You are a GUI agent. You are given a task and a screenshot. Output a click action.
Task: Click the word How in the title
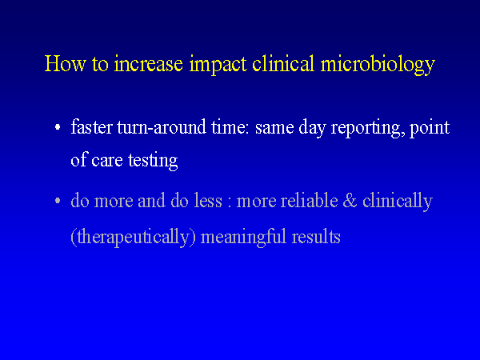66,64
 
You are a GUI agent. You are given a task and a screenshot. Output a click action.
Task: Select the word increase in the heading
149,64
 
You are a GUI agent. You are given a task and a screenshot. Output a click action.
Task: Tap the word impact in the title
218,66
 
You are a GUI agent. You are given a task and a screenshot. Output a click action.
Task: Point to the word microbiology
378,66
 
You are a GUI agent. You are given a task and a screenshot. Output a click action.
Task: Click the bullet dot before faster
58,126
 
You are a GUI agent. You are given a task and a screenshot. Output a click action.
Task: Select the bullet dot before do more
58,201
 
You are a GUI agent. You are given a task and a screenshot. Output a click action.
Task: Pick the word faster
91,126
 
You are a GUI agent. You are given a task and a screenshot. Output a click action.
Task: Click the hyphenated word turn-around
162,127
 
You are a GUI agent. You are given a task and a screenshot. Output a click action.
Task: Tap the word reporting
366,129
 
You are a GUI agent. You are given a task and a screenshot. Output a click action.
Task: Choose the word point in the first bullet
430,129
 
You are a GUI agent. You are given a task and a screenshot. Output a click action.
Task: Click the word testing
153,162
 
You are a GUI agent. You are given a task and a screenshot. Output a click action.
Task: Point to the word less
208,201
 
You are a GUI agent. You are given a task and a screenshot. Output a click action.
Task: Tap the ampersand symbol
350,201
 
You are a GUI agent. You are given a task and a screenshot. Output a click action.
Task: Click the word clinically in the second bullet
398,202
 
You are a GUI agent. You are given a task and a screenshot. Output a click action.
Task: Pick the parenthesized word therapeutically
133,238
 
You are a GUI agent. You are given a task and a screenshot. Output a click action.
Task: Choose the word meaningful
243,238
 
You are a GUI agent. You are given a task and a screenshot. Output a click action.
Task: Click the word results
316,237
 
